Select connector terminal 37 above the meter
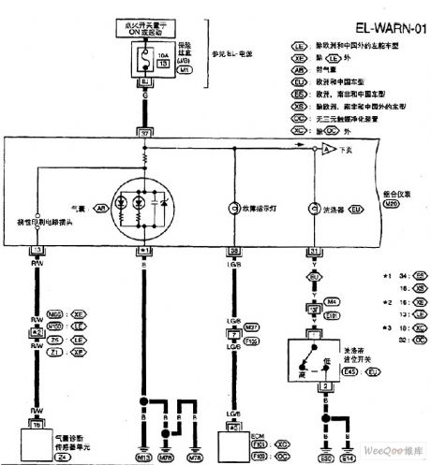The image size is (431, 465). point(144,131)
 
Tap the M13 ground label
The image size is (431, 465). point(143,458)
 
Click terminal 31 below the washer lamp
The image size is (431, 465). point(312,252)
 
